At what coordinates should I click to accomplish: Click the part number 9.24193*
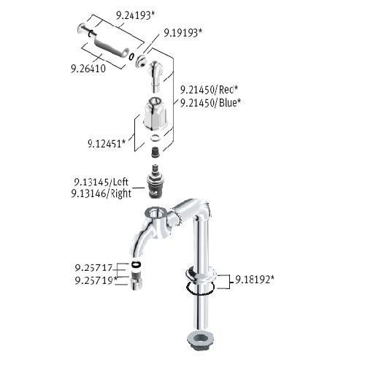(135, 15)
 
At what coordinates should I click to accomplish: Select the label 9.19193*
(182, 33)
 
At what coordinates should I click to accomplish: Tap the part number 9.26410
(88, 69)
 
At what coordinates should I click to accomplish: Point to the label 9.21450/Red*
(209, 90)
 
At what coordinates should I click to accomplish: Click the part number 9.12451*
(107, 144)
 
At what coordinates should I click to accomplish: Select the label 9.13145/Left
(101, 182)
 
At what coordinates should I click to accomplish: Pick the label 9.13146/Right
(101, 193)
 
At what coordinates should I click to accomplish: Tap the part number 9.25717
(93, 268)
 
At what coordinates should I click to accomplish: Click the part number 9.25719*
(96, 280)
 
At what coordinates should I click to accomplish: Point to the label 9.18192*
(255, 280)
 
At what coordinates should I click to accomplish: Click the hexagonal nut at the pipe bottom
(200, 339)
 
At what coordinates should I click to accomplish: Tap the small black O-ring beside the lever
(131, 56)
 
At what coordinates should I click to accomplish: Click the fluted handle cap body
(155, 112)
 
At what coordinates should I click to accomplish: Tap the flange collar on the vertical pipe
(201, 273)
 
